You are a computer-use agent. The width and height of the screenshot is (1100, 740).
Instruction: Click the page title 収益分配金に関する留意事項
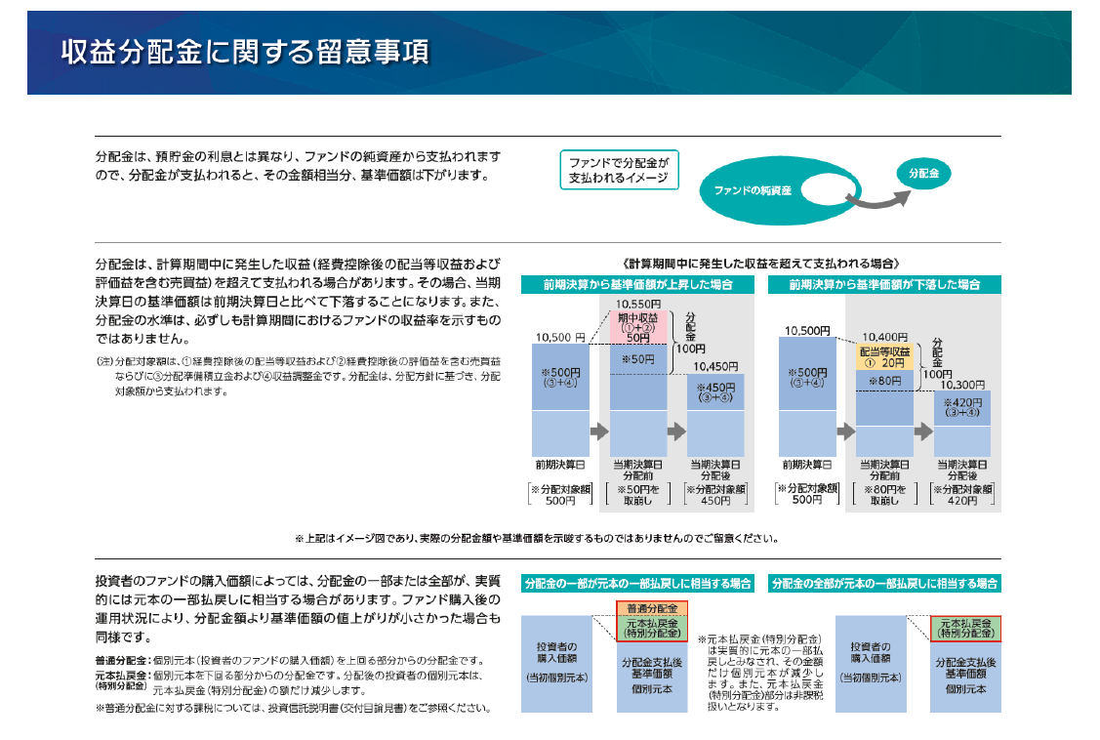tap(245, 52)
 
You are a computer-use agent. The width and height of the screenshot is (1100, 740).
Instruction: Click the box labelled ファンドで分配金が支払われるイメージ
tap(619, 170)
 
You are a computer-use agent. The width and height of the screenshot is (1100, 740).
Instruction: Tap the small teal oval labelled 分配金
tap(922, 173)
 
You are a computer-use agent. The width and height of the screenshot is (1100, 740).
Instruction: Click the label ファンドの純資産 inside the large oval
tap(751, 189)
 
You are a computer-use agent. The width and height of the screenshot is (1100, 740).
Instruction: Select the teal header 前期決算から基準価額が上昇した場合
tap(638, 285)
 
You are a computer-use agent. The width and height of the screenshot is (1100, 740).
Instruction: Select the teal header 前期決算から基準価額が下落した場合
tap(884, 285)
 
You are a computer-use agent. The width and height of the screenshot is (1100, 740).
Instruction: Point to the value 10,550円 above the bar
tap(638, 304)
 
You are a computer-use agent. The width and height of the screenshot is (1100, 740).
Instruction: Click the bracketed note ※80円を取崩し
tap(884, 494)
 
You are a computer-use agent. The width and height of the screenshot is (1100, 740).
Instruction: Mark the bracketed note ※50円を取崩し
tap(638, 494)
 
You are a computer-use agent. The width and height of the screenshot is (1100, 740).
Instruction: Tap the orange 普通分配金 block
tap(652, 608)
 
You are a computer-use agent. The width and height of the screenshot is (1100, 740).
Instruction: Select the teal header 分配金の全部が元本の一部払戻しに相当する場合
tap(884, 583)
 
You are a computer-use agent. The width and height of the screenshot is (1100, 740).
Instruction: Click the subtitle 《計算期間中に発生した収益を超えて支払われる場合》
tap(760, 264)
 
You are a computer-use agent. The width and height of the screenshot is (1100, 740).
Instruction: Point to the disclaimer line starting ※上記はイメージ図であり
tap(536, 538)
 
